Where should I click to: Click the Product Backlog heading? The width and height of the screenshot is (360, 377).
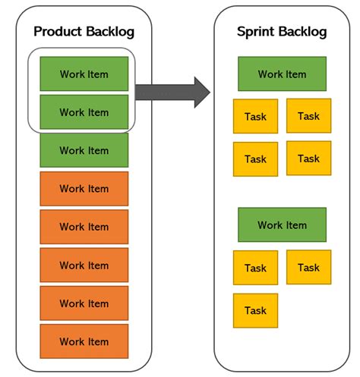point(84,31)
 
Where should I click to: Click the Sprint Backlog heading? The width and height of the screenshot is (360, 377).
point(282,31)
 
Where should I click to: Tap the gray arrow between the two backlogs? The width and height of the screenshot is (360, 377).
point(172,91)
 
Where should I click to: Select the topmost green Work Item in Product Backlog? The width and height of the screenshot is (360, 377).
point(84,74)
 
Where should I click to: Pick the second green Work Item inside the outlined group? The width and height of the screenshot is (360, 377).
point(84,112)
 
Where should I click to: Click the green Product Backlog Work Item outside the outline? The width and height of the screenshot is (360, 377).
point(84,150)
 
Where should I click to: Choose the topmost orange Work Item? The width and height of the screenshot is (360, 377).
point(84,188)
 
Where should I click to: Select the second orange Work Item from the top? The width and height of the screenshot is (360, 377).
point(84,226)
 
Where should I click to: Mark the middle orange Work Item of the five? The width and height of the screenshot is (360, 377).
point(84,265)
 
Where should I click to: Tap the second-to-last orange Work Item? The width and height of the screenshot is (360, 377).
point(84,303)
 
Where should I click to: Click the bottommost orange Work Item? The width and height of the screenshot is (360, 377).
point(84,341)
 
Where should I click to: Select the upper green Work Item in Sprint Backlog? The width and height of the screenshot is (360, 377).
point(282,74)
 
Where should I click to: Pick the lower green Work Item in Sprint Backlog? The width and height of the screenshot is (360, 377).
point(282,225)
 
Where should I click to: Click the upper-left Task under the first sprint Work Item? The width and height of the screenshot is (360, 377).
point(255,117)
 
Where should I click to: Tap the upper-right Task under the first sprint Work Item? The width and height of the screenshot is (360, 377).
point(308,115)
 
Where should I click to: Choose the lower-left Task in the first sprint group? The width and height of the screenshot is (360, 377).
point(255,159)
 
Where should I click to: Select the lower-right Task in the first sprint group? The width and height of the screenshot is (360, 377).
point(308,158)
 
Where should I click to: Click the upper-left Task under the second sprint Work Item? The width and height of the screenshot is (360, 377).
point(255,268)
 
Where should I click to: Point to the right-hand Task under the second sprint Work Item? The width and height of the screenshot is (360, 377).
point(308,267)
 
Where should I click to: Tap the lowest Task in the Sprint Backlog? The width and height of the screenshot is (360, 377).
point(255,310)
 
